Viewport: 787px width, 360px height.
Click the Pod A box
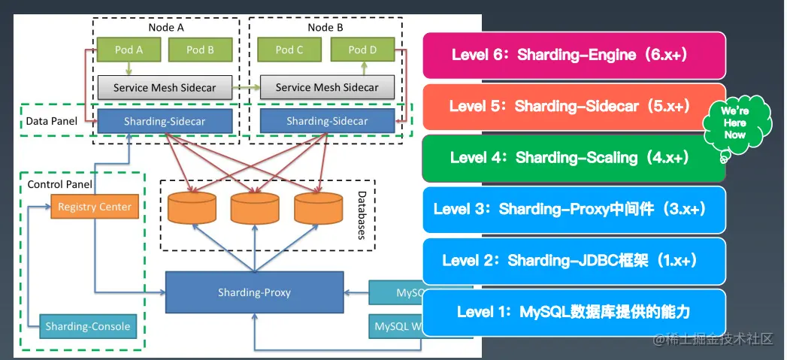(x=129, y=50)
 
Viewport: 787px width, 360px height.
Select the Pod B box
(x=200, y=50)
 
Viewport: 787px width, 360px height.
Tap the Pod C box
(x=289, y=50)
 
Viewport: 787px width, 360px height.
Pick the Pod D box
(x=362, y=50)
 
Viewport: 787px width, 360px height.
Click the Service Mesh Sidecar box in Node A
(x=165, y=87)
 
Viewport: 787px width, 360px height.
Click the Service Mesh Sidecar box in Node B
(x=327, y=87)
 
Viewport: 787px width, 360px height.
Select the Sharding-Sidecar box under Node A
(x=165, y=121)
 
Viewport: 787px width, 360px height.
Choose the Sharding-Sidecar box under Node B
(x=327, y=121)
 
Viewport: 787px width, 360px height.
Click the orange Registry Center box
(x=95, y=207)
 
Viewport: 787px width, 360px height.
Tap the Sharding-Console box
(x=87, y=326)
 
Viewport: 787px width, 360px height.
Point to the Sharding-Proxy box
(x=254, y=292)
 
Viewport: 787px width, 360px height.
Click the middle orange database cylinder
(x=255, y=208)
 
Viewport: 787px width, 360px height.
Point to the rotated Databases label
(x=362, y=214)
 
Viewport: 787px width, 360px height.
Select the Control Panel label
(x=59, y=184)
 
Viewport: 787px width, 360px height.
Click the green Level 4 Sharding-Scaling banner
(x=569, y=157)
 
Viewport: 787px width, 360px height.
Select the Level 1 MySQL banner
(x=574, y=311)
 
